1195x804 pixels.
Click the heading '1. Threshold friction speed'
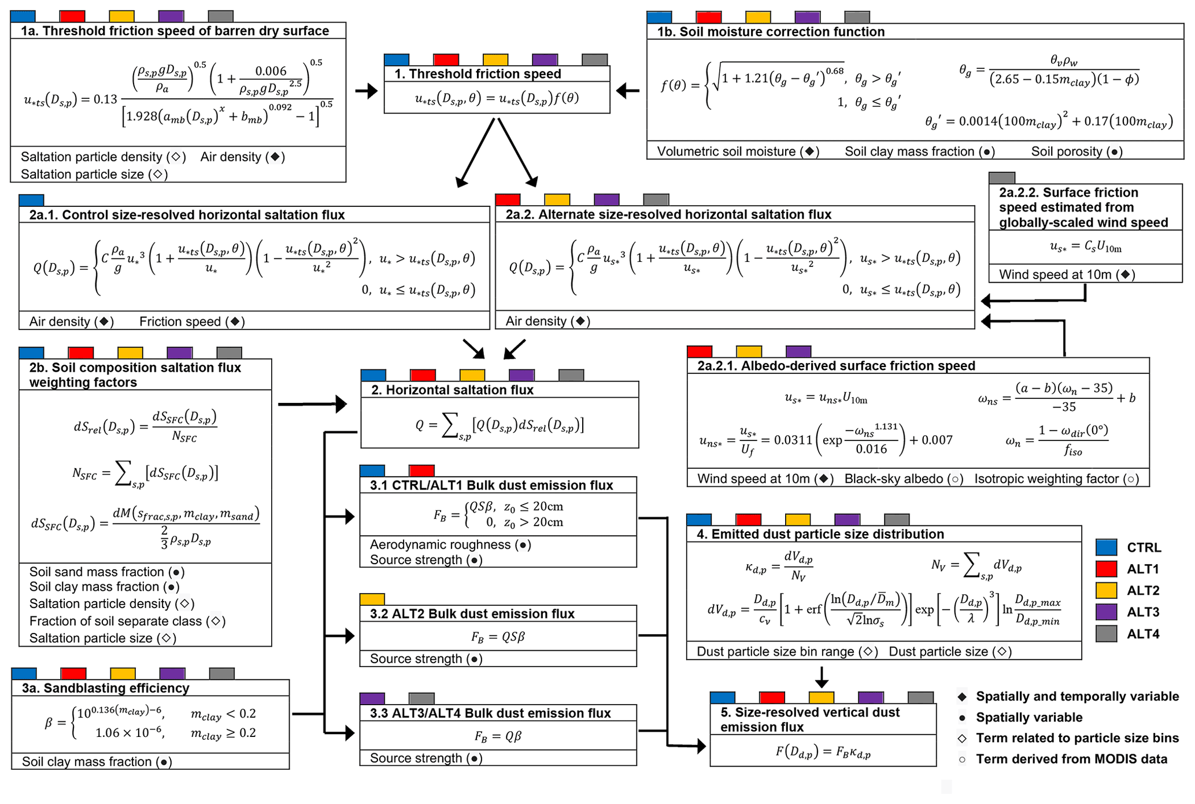pyautogui.click(x=478, y=74)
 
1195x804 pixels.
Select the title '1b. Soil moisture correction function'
pyautogui.click(x=771, y=32)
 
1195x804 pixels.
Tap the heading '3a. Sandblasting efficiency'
pyautogui.click(x=106, y=688)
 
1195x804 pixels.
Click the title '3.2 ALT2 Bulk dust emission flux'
pyautogui.click(x=472, y=614)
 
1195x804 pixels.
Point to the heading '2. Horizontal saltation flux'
pyautogui.click(x=452, y=390)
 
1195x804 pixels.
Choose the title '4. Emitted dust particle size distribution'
pyautogui.click(x=820, y=534)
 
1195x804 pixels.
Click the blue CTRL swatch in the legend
pyautogui.click(x=1106, y=547)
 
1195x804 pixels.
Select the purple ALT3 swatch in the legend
pyautogui.click(x=1106, y=612)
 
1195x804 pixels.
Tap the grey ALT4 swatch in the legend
pyautogui.click(x=1106, y=634)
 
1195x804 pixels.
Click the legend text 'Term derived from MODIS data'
pyautogui.click(x=1071, y=759)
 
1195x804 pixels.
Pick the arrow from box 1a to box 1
pyautogui.click(x=366, y=91)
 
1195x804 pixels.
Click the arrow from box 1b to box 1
pyautogui.click(x=628, y=91)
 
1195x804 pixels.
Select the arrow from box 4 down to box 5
pyautogui.click(x=822, y=676)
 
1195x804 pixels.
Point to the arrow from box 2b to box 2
pyautogui.click(x=312, y=404)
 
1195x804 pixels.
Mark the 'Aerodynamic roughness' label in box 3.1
pyautogui.click(x=440, y=544)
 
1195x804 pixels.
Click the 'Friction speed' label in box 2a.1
pyautogui.click(x=180, y=321)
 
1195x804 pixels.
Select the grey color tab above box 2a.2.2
pyautogui.click(x=1002, y=177)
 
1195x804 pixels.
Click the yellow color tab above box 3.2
pyautogui.click(x=372, y=599)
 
